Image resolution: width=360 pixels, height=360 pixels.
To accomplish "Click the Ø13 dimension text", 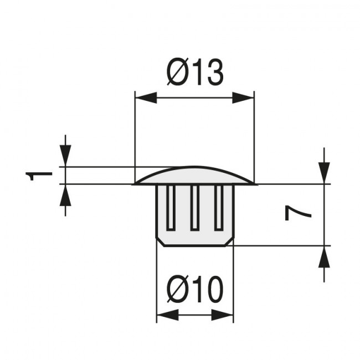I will pos(194,73).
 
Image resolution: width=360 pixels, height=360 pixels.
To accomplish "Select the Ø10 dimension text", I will pos(194,290).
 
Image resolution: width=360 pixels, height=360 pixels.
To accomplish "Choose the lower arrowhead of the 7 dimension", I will pos(324,256).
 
